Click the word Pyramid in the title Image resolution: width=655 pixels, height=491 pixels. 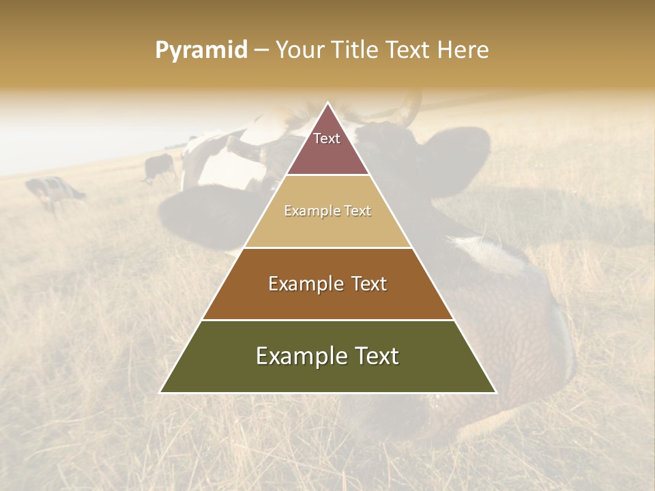(x=201, y=50)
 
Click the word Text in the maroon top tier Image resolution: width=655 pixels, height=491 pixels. (x=327, y=138)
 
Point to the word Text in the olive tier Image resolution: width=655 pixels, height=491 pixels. (x=377, y=356)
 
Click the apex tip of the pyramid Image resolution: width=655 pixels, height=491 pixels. (x=328, y=104)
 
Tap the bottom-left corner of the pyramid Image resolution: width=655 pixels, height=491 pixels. (x=161, y=392)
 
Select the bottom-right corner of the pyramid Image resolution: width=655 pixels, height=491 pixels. (x=495, y=392)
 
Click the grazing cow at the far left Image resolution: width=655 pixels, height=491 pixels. (x=55, y=191)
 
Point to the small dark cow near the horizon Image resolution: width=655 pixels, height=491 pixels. (x=160, y=166)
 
